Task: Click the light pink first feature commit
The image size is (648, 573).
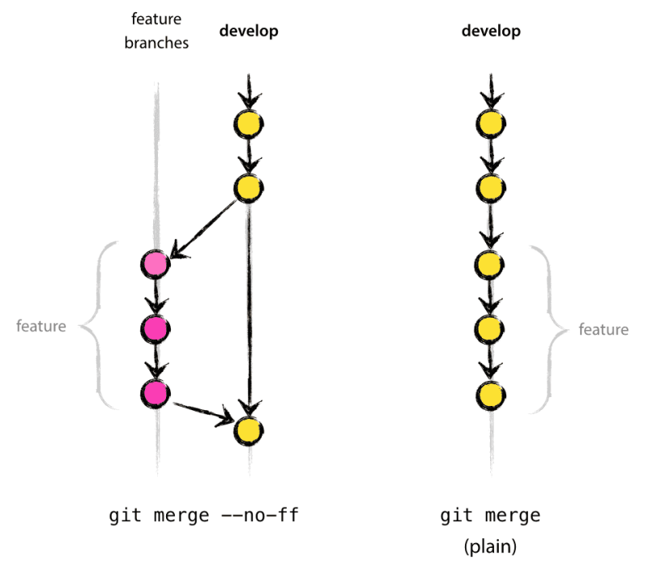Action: click(155, 263)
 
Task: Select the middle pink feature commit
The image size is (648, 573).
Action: click(155, 327)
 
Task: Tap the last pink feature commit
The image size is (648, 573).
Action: click(155, 392)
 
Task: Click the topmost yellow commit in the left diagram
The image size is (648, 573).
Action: click(249, 124)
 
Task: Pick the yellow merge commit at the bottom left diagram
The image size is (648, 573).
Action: click(249, 429)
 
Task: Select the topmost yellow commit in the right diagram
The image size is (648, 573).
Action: click(491, 124)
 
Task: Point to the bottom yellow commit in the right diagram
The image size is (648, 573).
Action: click(491, 396)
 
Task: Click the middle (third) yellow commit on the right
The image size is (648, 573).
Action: click(491, 263)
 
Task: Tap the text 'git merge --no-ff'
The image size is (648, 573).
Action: click(203, 516)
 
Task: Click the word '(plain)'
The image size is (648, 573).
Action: click(490, 547)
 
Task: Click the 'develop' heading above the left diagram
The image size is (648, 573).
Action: click(249, 32)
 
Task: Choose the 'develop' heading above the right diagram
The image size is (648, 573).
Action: click(491, 32)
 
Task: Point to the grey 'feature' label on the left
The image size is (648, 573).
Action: click(41, 327)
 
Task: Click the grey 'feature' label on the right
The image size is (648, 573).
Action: click(603, 329)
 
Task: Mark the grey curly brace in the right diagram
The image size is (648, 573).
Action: click(551, 328)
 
